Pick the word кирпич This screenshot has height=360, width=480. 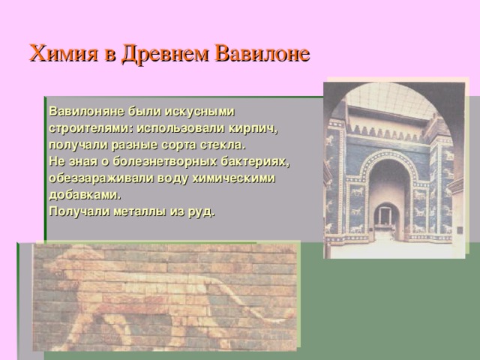tap(256, 127)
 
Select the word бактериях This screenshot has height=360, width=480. tap(253, 161)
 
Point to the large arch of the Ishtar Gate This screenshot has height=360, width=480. tap(386, 169)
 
